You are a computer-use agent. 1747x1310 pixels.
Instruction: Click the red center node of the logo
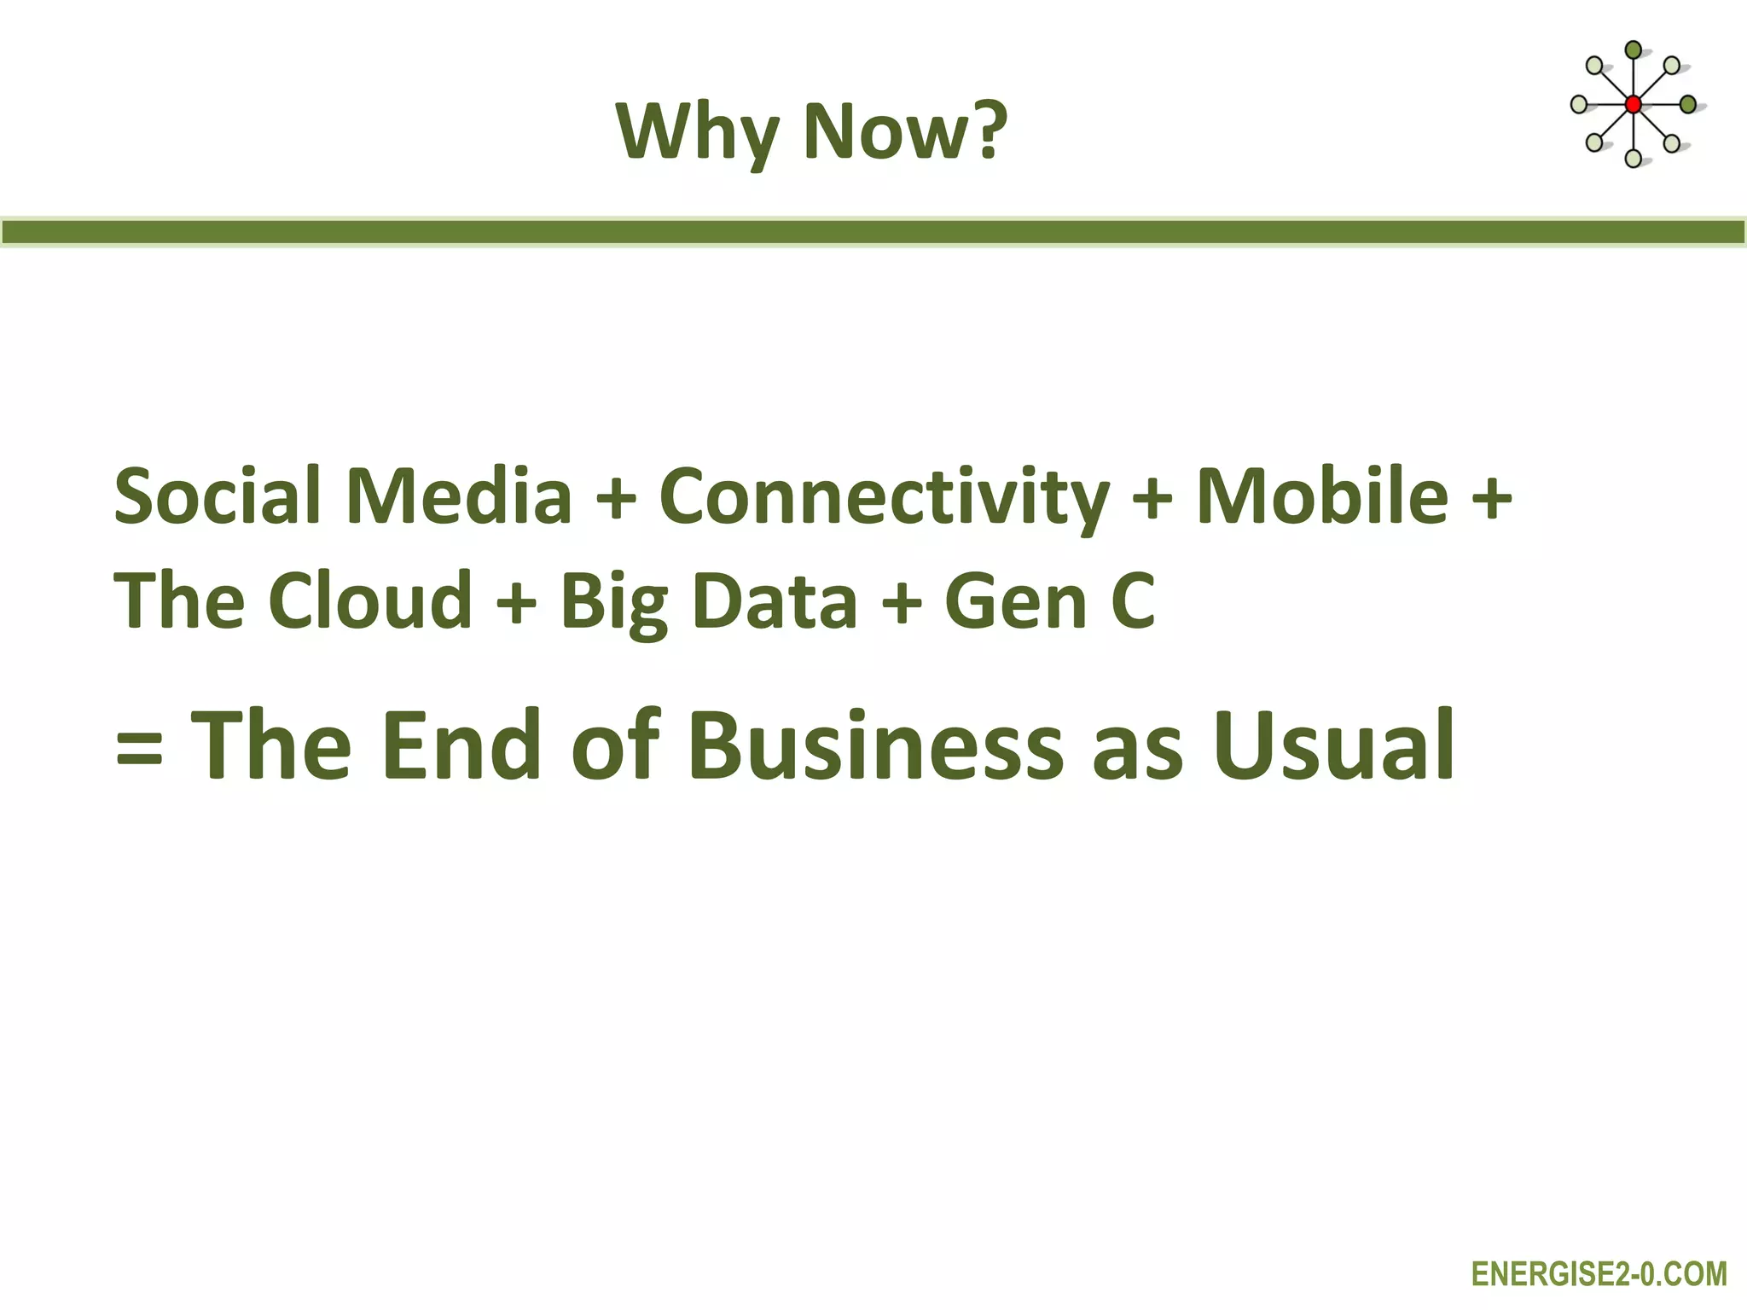coord(1633,105)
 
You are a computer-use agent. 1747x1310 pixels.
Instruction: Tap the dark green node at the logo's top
coord(1633,50)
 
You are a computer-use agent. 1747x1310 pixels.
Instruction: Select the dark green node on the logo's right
coord(1687,105)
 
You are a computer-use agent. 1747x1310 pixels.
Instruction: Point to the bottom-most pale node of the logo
coord(1633,159)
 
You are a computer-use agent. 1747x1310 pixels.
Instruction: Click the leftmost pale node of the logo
coord(1579,105)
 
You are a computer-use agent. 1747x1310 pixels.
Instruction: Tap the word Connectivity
coord(884,497)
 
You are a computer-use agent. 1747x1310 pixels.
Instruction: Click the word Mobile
coord(1322,496)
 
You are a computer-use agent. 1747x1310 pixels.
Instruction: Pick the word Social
coord(218,496)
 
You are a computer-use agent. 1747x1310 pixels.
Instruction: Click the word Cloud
coord(370,600)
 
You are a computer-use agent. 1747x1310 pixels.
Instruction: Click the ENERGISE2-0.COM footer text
coord(1599,1274)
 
